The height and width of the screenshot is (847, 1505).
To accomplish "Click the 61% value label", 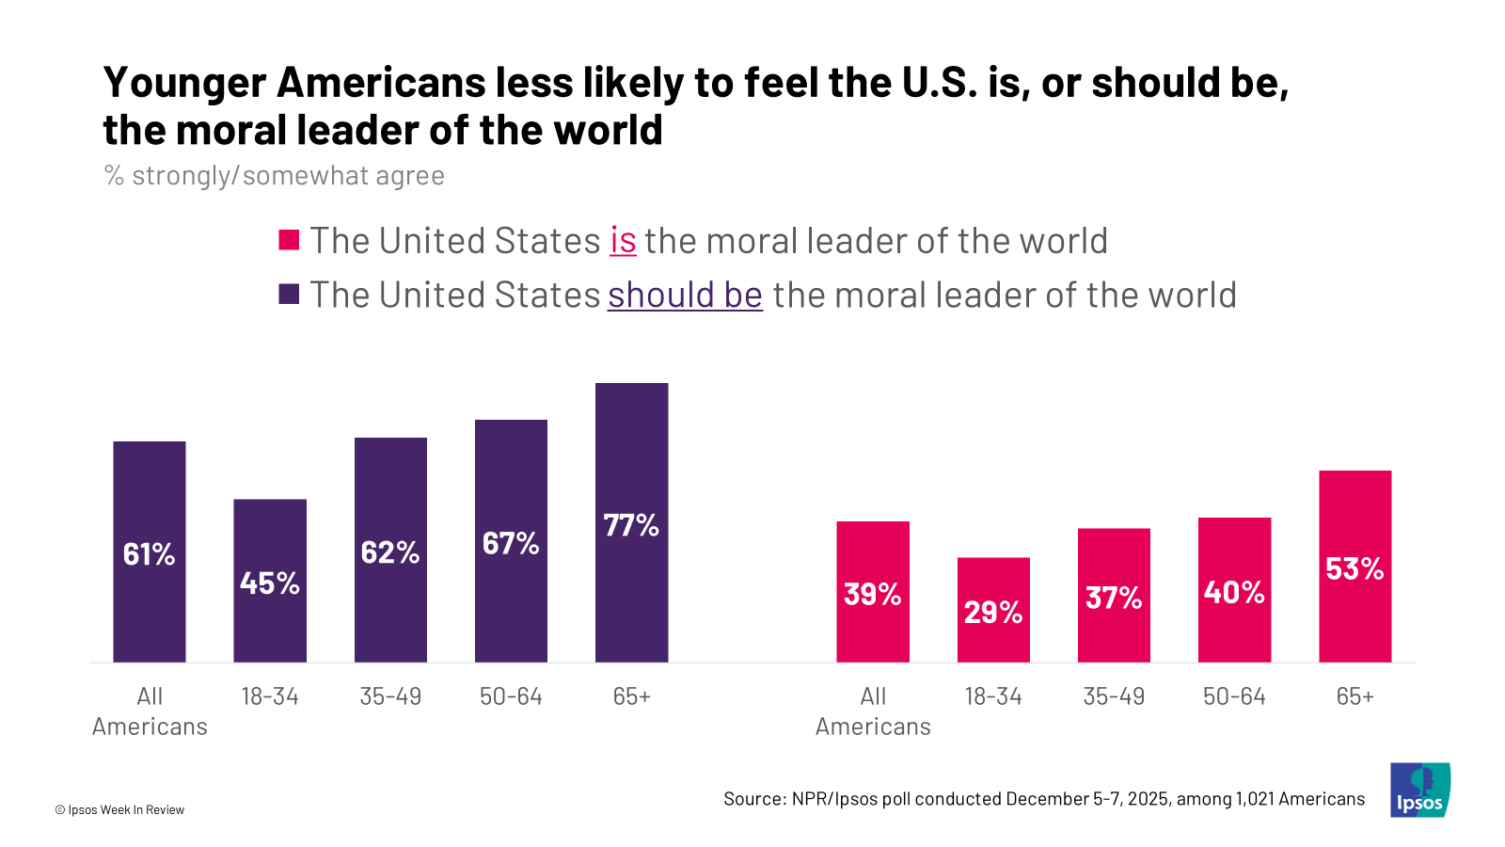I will point(150,554).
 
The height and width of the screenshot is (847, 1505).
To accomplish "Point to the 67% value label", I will point(511,543).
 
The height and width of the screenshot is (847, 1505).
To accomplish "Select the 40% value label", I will point(1234,592).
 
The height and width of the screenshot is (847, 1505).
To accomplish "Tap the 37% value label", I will point(1114,598).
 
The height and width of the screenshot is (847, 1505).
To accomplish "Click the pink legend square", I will point(289,240).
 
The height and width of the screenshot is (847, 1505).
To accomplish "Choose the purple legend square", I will point(289,295).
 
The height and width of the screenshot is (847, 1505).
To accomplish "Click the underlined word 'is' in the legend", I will point(623,241).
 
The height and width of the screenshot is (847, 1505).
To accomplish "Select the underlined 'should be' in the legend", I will point(685,296).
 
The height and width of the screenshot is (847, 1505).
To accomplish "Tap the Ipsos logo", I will point(1419,790).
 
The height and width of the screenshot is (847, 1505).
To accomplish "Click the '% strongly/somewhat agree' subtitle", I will point(274,176).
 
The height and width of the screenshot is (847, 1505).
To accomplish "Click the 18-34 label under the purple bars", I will point(270,696).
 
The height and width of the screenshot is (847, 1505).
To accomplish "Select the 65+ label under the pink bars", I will point(1354,696).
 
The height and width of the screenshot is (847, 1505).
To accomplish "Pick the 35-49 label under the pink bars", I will point(1114,696).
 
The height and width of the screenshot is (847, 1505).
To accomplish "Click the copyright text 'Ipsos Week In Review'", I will point(126,809).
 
